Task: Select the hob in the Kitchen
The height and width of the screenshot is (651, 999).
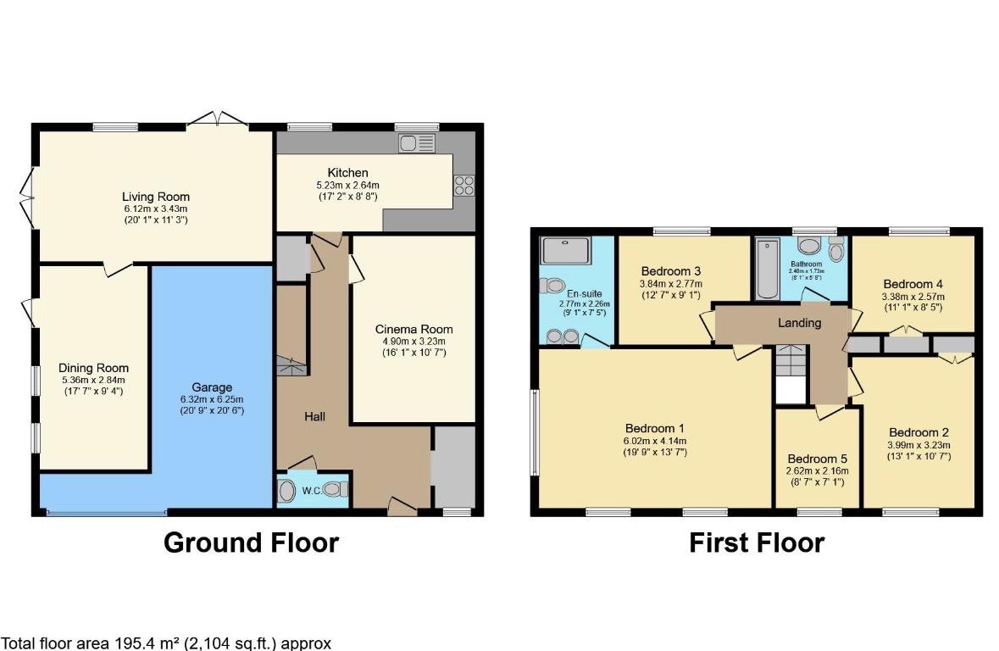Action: [463, 186]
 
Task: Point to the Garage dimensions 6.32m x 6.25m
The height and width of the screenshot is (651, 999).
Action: [199, 399]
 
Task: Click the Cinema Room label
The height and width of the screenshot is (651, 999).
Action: [413, 329]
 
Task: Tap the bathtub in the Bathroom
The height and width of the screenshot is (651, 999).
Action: [768, 269]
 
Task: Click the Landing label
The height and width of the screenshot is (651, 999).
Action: [799, 323]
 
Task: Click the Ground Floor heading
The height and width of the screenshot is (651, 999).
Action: [251, 542]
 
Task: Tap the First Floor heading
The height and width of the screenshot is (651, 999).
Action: [756, 542]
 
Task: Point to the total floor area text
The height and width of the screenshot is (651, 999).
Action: [166, 643]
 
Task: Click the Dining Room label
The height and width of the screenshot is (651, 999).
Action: [93, 368]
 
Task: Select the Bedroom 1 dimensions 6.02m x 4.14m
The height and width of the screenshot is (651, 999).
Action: [655, 440]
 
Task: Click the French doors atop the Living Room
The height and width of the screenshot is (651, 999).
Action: [218, 120]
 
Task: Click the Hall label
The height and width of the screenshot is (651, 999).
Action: [315, 416]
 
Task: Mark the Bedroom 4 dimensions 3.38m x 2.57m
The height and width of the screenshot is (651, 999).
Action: [913, 297]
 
